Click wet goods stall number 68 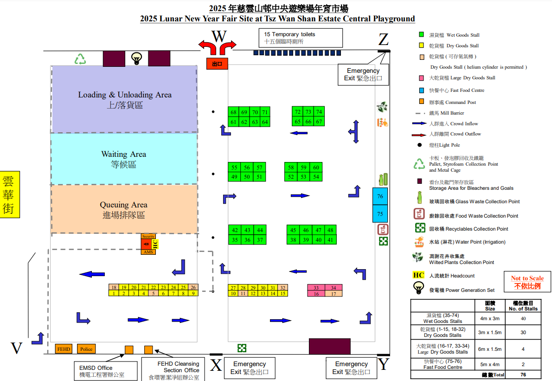click(x=233, y=112)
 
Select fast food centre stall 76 click(x=380, y=196)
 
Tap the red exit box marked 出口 click(x=217, y=64)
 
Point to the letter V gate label click(x=17, y=349)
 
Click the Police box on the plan click(x=86, y=349)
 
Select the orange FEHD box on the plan click(x=64, y=349)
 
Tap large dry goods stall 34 click(x=334, y=288)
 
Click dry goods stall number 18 click(x=114, y=288)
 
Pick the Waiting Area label click(x=123, y=159)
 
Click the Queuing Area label click(x=123, y=210)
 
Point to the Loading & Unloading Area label click(x=124, y=100)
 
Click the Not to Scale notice click(x=527, y=282)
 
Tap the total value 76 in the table click(x=523, y=375)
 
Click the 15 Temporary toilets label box click(x=300, y=38)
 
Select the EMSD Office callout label click(x=102, y=371)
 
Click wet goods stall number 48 click(x=330, y=230)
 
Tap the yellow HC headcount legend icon click(x=418, y=275)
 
